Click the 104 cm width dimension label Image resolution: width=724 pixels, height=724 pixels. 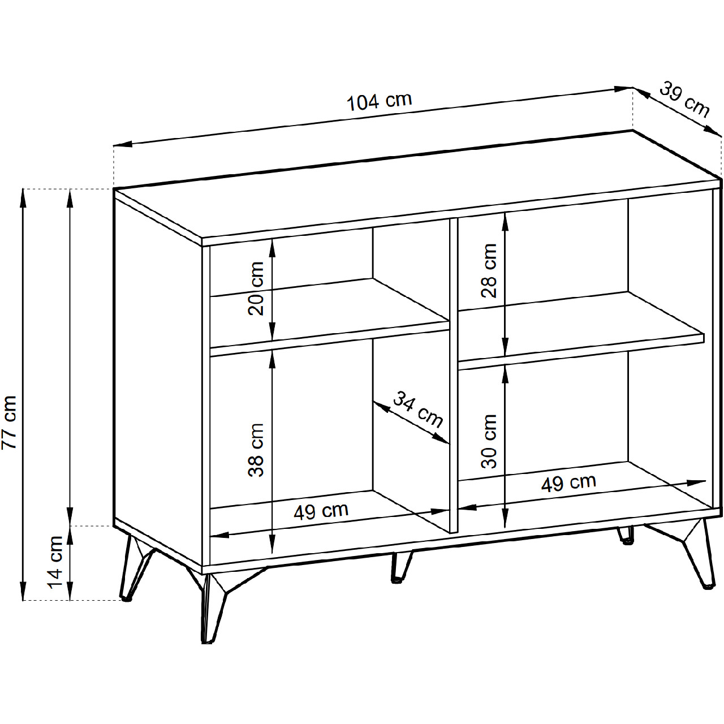[x=379, y=102]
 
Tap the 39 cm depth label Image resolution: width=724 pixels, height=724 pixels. [x=684, y=100]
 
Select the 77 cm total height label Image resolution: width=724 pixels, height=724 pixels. [x=9, y=423]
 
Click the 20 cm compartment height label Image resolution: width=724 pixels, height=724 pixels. [x=256, y=288]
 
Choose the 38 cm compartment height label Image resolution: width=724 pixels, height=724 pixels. [x=256, y=450]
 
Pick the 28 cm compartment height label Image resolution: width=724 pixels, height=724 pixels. [x=489, y=270]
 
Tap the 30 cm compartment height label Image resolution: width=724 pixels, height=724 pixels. [x=489, y=441]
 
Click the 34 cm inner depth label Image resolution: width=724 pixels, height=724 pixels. [x=418, y=410]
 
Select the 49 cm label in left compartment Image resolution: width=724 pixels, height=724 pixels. [x=321, y=511]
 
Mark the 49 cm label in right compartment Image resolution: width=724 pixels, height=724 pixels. [x=568, y=482]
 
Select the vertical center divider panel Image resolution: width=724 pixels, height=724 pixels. [x=454, y=375]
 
